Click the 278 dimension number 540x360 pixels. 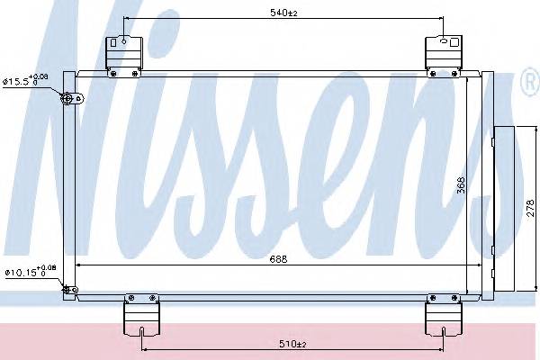click(x=529, y=208)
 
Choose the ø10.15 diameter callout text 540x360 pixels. click(x=30, y=270)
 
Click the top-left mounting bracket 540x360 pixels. click(x=124, y=53)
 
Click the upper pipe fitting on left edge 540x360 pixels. click(x=68, y=99)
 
